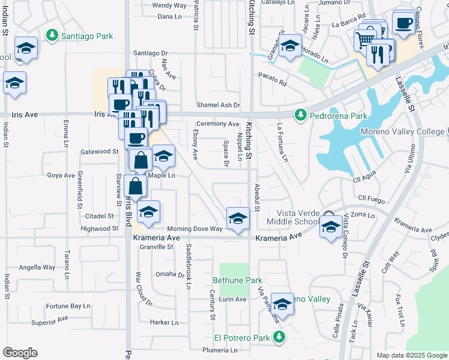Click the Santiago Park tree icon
point(53,36)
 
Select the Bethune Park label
point(238,280)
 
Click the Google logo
point(20,353)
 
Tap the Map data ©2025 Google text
point(411,355)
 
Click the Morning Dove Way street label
point(194,229)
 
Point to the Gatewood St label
point(100,152)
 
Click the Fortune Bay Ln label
point(68,306)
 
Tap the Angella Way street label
point(37,268)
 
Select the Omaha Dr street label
point(169,275)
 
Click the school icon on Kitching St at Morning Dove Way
point(238,218)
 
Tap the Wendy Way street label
point(170,5)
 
